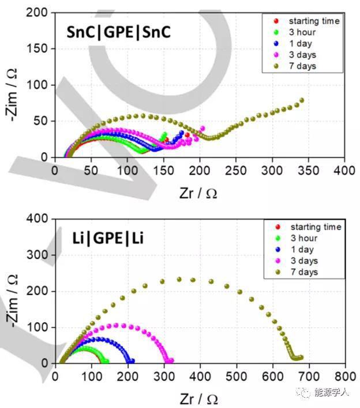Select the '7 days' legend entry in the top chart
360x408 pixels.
pyautogui.click(x=303, y=66)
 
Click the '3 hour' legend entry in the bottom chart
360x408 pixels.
pyautogui.click(x=306, y=238)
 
